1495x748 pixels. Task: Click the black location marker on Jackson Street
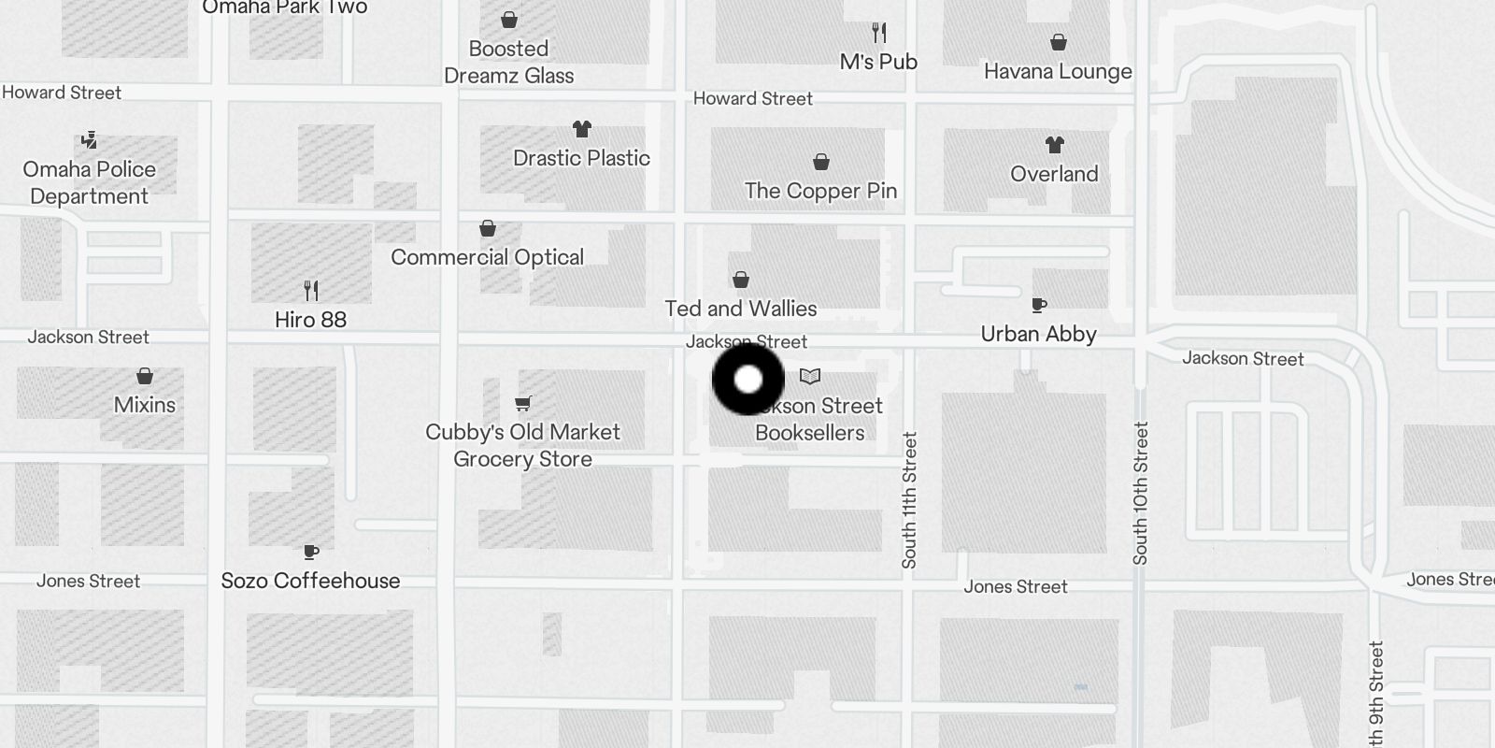(x=748, y=380)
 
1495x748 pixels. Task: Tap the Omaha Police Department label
(x=90, y=182)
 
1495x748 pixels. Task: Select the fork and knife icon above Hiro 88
(x=311, y=291)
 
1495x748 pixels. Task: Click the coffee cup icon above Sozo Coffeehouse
(x=311, y=552)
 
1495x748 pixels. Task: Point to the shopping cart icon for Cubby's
(x=523, y=404)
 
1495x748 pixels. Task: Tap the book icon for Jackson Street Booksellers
(x=810, y=377)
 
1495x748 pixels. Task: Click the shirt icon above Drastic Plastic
(x=582, y=129)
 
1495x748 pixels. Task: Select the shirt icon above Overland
(x=1055, y=145)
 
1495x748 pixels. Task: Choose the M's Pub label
(x=878, y=62)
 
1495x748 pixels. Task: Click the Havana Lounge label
(x=1058, y=72)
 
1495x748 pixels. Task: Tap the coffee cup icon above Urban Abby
(x=1038, y=305)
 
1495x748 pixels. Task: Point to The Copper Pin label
(x=820, y=191)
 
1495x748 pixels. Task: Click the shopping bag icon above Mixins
(x=145, y=376)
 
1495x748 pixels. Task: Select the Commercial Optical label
(x=487, y=257)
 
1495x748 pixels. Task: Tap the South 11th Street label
(x=909, y=500)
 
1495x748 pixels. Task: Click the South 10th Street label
(x=1140, y=493)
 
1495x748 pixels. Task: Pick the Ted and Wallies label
(x=740, y=309)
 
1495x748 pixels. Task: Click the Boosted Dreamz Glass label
(x=508, y=62)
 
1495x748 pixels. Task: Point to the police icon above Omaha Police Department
(x=89, y=140)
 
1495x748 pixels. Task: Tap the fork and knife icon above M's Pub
(x=878, y=34)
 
